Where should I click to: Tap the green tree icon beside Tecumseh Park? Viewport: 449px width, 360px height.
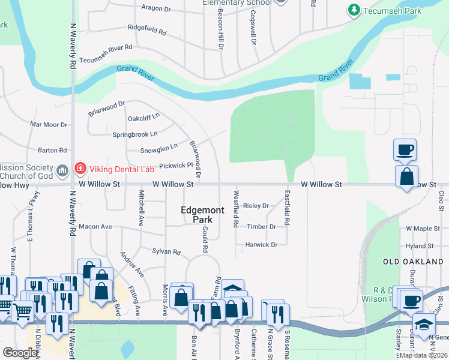tap(354, 10)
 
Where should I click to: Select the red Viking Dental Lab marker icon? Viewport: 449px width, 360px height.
tap(78, 169)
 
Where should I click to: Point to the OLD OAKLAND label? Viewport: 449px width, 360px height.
tap(414, 262)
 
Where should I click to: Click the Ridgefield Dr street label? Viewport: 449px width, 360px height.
tap(149, 28)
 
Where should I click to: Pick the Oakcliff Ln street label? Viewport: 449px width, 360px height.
tap(143, 117)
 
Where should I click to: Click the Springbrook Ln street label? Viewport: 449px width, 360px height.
tap(135, 133)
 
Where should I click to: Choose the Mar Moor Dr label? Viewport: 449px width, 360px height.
tap(49, 125)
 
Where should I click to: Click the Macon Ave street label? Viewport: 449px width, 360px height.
tap(95, 227)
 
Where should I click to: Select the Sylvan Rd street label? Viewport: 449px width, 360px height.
tap(166, 252)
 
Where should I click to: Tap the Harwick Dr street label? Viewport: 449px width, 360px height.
tap(261, 245)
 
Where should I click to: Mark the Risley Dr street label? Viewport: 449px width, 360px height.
tap(256, 206)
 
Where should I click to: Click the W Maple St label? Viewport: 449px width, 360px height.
tap(423, 229)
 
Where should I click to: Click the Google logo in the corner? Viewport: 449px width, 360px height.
tap(20, 353)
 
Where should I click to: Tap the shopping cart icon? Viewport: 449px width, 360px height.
tap(22, 310)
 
